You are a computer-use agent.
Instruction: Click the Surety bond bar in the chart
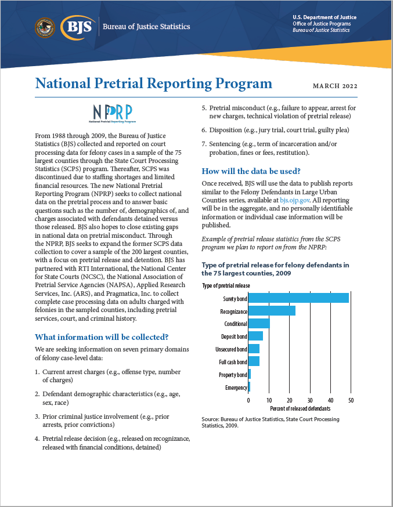coord(298,298)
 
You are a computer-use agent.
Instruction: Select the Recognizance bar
coord(272,311)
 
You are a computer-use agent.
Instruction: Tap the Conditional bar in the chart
coord(259,324)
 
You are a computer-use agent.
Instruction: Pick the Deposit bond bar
coord(255,336)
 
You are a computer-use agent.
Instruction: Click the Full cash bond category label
coord(233,362)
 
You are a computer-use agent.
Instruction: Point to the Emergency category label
coord(236,388)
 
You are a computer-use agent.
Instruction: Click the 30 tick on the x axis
coord(310,400)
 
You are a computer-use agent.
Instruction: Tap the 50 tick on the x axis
coord(351,400)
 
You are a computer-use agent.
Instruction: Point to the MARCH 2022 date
coord(335,86)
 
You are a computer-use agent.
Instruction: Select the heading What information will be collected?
coord(102,337)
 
